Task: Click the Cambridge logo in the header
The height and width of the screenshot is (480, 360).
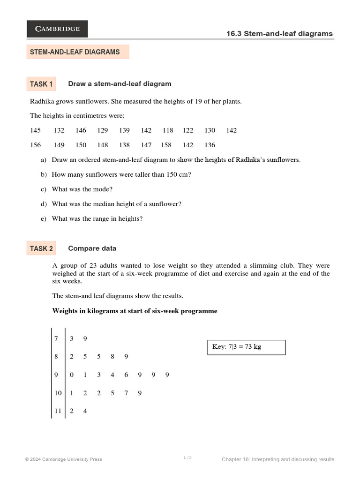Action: pyautogui.click(x=57, y=29)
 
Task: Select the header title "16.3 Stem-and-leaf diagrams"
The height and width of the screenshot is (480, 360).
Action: pyautogui.click(x=279, y=34)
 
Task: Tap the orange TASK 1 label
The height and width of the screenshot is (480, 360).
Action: pyautogui.click(x=41, y=84)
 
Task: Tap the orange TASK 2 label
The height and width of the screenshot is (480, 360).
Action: pyautogui.click(x=41, y=248)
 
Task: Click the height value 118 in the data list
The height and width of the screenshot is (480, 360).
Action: pyautogui.click(x=168, y=130)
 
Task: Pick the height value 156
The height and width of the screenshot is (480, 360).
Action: pyautogui.click(x=36, y=145)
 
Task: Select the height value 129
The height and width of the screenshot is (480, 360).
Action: pyautogui.click(x=103, y=130)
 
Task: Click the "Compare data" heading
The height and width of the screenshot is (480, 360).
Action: pyautogui.click(x=92, y=248)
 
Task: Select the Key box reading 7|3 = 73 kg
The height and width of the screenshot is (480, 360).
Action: pyautogui.click(x=246, y=347)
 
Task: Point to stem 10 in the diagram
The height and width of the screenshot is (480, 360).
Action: pyautogui.click(x=58, y=393)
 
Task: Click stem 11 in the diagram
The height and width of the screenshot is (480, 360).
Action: pyautogui.click(x=58, y=411)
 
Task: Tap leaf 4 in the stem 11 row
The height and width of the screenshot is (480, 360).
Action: pyautogui.click(x=85, y=411)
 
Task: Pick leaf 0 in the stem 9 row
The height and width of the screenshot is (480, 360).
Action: pyautogui.click(x=71, y=375)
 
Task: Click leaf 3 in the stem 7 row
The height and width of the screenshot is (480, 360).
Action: pyautogui.click(x=71, y=338)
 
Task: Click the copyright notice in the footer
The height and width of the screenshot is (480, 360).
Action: pyautogui.click(x=64, y=459)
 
